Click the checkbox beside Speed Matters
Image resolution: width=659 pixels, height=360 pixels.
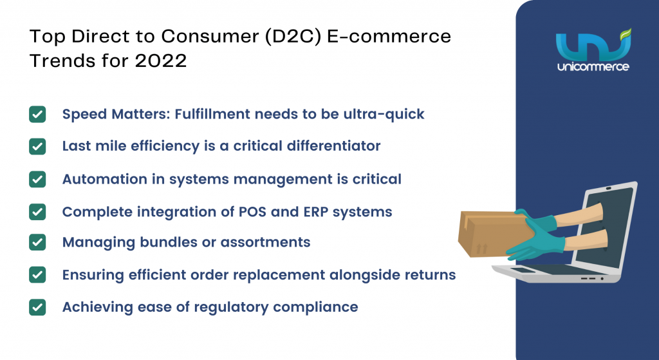(37, 115)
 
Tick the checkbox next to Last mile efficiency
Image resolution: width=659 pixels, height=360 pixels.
(37, 146)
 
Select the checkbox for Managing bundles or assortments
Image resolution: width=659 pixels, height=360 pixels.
(37, 242)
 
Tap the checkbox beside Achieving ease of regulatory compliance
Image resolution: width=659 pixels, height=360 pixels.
(37, 307)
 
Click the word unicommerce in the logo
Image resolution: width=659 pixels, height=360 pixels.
(593, 66)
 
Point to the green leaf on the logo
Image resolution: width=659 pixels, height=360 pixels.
(626, 34)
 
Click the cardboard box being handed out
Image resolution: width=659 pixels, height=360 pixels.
(491, 233)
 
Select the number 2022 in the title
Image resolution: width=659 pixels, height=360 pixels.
(161, 61)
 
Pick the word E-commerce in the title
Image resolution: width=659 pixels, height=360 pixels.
(389, 37)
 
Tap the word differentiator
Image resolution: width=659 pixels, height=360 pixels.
(333, 146)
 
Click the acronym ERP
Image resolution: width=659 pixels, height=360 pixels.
(315, 211)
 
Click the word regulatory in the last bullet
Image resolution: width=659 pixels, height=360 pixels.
(231, 308)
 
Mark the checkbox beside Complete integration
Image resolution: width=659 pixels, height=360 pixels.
(37, 212)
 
